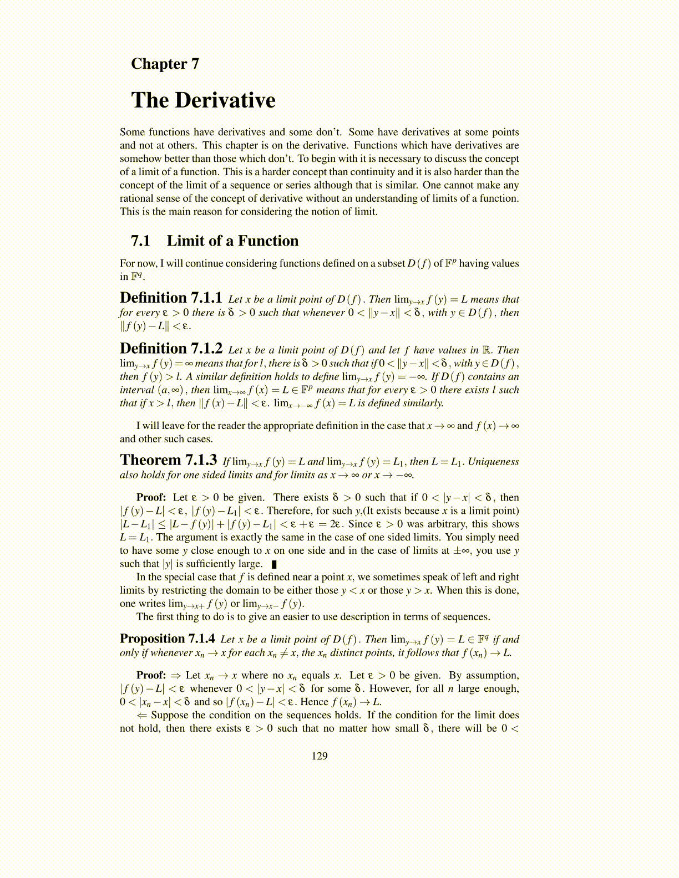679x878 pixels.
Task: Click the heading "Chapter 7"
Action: pyautogui.click(x=165, y=64)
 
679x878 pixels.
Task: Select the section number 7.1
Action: pyautogui.click(x=141, y=241)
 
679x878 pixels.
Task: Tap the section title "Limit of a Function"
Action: pyautogui.click(x=232, y=241)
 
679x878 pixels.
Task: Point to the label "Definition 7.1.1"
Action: pyautogui.click(x=171, y=298)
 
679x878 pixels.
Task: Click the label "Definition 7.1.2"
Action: pyautogui.click(x=171, y=349)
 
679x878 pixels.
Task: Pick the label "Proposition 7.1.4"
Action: pyautogui.click(x=167, y=639)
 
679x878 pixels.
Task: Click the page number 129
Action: pyautogui.click(x=320, y=756)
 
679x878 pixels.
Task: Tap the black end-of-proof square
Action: pyautogui.click(x=274, y=564)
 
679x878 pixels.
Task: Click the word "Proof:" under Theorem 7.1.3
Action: pyautogui.click(x=151, y=497)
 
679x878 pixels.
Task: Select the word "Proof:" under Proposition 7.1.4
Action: pyautogui.click(x=151, y=675)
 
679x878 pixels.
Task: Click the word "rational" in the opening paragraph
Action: pyautogui.click(x=136, y=198)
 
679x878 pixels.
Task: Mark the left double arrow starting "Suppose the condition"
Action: pyautogui.click(x=142, y=715)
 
